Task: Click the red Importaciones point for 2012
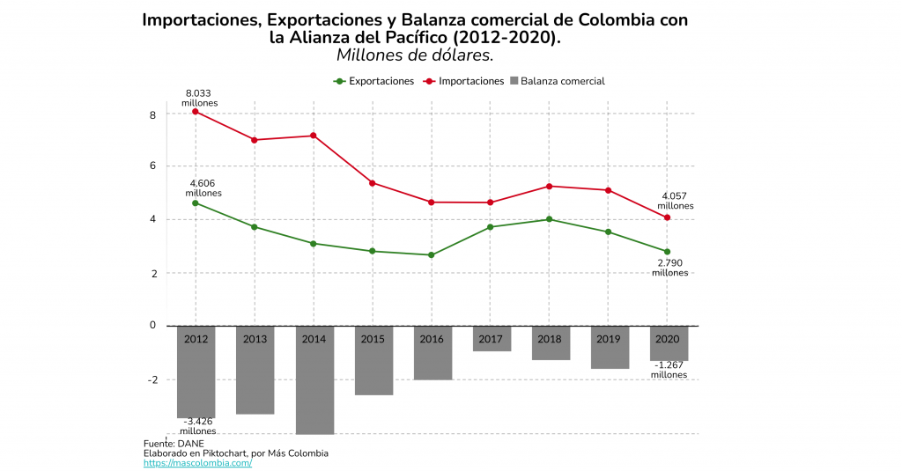(196, 111)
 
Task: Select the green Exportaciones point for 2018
(549, 219)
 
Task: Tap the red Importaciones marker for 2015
(373, 183)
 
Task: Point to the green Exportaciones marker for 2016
(431, 255)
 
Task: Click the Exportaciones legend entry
(373, 81)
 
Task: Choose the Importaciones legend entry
(463, 81)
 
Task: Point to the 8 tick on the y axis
(152, 114)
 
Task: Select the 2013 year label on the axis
(255, 338)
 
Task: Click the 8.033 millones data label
(198, 98)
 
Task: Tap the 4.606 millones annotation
(204, 188)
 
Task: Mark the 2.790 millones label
(669, 268)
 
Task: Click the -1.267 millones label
(669, 370)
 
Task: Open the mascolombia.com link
(197, 463)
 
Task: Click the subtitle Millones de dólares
(414, 55)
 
